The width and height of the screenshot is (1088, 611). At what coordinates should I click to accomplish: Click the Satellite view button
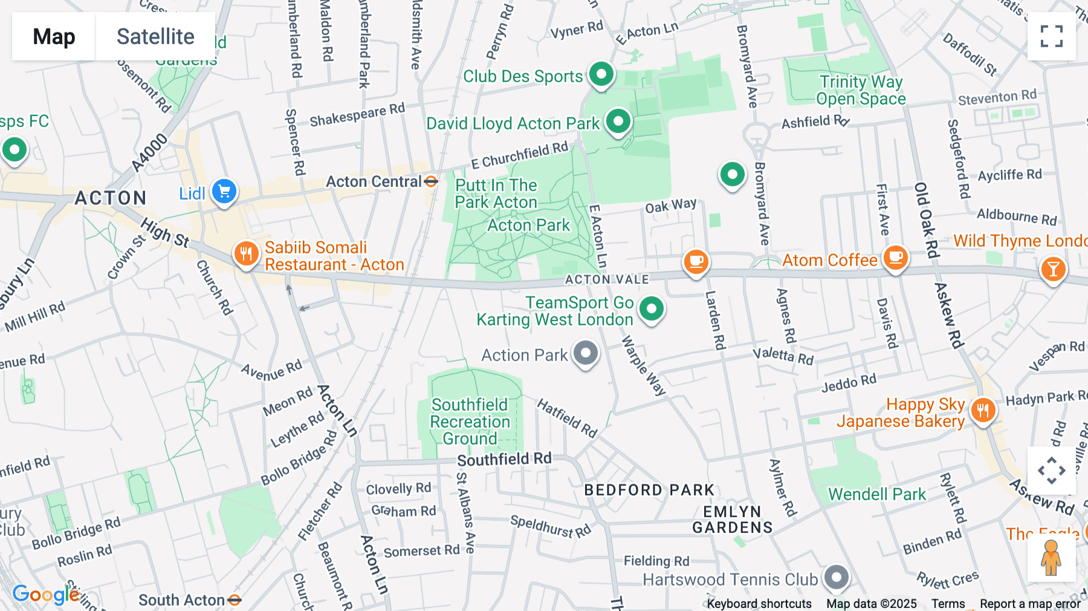coord(155,36)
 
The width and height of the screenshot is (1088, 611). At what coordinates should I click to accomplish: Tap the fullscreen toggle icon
coord(1051,36)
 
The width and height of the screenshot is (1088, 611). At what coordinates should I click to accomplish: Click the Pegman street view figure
coord(1051,558)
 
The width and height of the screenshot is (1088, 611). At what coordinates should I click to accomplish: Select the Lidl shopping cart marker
coord(224,192)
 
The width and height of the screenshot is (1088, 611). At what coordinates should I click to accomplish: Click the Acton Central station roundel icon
coord(431,181)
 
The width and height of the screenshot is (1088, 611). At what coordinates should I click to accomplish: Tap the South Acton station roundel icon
coord(235,600)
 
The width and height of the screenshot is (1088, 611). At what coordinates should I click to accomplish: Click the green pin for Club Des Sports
coord(601,74)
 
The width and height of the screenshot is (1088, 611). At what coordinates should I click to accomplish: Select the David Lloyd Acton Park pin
coord(618,122)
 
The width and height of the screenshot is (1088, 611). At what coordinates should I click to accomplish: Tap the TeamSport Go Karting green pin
coord(651,309)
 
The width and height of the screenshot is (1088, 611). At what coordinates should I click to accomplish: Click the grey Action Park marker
coord(585,353)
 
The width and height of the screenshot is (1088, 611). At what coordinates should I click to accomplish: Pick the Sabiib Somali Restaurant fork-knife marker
coord(246,254)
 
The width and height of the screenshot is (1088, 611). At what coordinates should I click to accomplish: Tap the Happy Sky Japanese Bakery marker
coord(983,411)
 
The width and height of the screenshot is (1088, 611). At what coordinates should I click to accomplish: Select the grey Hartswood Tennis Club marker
coord(837,577)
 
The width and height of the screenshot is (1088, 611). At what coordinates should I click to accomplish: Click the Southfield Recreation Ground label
coord(470,422)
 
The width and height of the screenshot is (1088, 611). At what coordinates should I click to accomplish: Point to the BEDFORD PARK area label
coord(649,490)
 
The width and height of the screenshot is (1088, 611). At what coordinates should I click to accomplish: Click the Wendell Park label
coord(876,494)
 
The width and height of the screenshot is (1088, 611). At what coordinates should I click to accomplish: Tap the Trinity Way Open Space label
coord(861,90)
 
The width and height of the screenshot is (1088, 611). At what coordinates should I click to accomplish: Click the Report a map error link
coord(1030,604)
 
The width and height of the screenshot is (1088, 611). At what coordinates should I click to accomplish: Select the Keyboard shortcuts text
coord(759,604)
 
